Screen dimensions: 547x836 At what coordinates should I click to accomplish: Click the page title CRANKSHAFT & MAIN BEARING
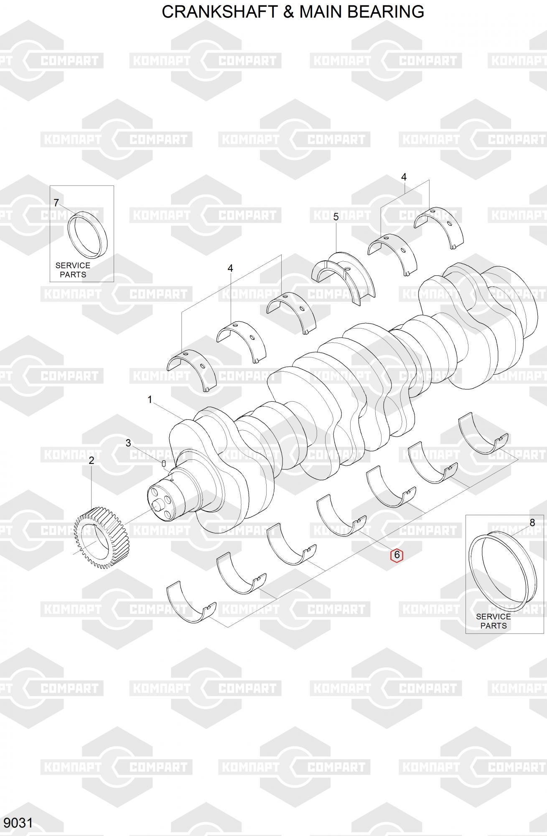pyautogui.click(x=293, y=12)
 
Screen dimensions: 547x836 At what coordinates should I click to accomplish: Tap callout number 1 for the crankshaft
pyautogui.click(x=150, y=400)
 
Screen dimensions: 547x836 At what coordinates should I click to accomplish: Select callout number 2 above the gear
pyautogui.click(x=92, y=461)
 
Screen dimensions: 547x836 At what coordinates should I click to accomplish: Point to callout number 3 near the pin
pyautogui.click(x=128, y=443)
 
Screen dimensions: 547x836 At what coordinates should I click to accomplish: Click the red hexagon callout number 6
pyautogui.click(x=397, y=556)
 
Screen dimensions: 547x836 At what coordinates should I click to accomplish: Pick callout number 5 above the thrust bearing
pyautogui.click(x=336, y=217)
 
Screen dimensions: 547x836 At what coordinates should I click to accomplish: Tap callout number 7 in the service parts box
pyautogui.click(x=56, y=203)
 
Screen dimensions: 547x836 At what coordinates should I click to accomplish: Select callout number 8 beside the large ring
pyautogui.click(x=532, y=522)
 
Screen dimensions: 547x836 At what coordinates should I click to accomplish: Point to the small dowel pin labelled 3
pyautogui.click(x=164, y=463)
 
